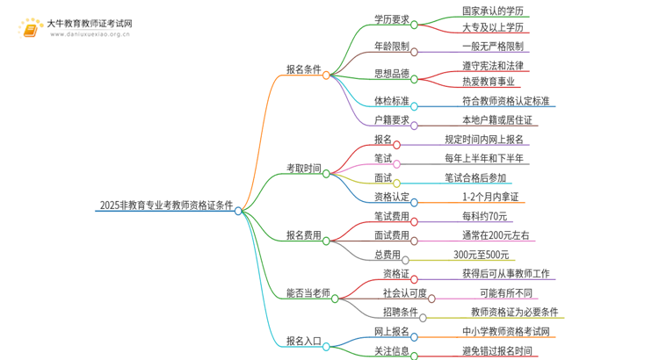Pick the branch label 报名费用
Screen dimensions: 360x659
(303, 235)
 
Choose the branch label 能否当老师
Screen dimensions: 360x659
(308, 293)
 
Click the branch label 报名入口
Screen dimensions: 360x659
(303, 341)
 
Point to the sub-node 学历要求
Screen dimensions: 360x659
(391, 18)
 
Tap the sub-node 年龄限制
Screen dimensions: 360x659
(391, 47)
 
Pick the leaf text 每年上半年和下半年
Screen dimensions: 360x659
(485, 159)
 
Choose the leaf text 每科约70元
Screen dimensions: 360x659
(485, 217)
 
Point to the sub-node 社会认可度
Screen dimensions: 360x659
(405, 293)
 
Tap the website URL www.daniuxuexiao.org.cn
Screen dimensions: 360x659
(90, 35)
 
